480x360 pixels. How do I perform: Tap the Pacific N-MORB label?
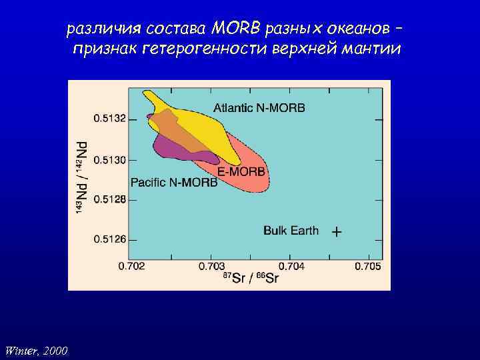pyautogui.click(x=174, y=182)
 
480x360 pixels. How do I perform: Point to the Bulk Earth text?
pyautogui.click(x=291, y=231)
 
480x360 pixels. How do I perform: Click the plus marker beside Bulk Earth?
pyautogui.click(x=337, y=232)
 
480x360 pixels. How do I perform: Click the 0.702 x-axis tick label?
pyautogui.click(x=131, y=267)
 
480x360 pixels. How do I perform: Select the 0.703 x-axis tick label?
pyautogui.click(x=211, y=267)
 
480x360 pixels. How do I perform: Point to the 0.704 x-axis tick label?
pyautogui.click(x=290, y=267)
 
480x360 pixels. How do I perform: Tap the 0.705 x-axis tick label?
pyautogui.click(x=368, y=267)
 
